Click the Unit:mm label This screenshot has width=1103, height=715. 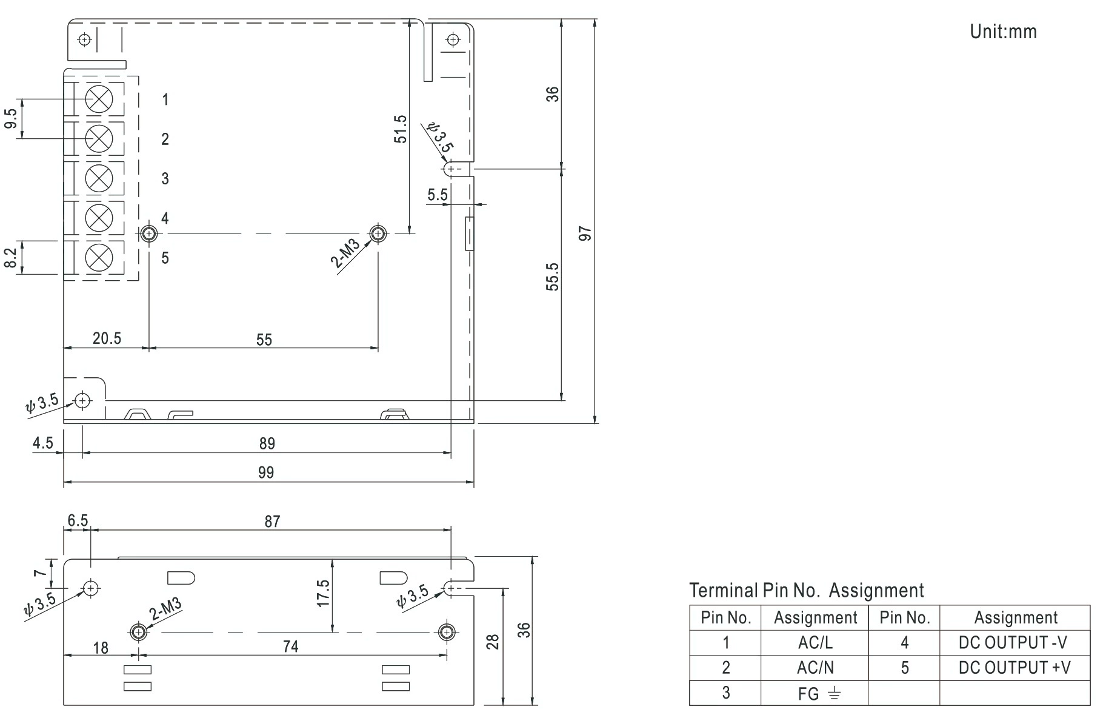[x=1003, y=32]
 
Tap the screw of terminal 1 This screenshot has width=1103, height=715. [x=99, y=99]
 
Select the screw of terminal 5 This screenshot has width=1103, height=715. [x=99, y=258]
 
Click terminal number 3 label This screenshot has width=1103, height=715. [x=165, y=179]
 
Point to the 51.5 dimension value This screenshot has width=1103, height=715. [x=400, y=129]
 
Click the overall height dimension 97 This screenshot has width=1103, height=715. [x=585, y=233]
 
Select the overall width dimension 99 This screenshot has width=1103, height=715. [x=266, y=472]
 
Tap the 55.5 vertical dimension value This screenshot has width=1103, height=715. [x=553, y=277]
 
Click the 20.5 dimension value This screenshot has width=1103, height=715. [x=107, y=338]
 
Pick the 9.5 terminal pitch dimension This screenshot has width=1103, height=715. [x=11, y=119]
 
